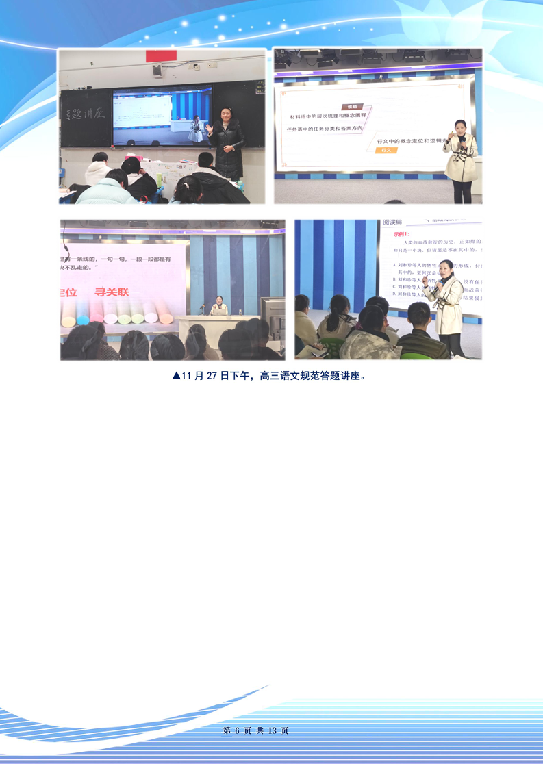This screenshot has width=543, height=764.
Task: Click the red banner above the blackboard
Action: point(161,55)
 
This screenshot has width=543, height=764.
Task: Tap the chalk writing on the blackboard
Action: point(84,113)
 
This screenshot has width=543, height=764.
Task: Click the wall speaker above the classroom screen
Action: point(157,69)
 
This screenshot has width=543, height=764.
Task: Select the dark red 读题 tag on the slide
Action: point(352,107)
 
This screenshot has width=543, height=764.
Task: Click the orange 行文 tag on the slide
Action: point(387,150)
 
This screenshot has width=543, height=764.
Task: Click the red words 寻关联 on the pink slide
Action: point(112,292)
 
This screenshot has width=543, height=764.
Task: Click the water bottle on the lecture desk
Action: point(239,311)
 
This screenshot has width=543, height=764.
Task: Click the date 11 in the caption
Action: point(187,376)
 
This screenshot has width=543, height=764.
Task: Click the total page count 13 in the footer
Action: point(273,730)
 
